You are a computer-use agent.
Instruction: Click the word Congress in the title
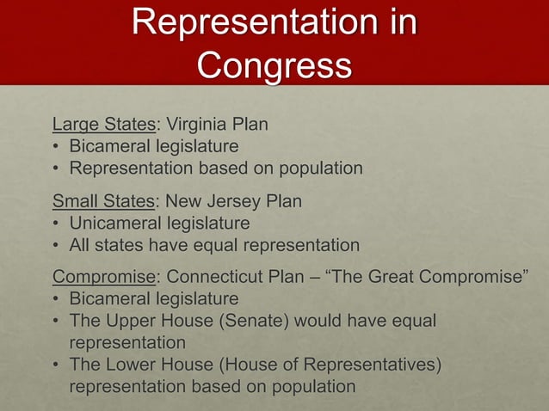(274, 64)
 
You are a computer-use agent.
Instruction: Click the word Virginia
(198, 125)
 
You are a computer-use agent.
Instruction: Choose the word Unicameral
(113, 224)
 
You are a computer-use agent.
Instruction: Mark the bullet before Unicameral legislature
(57, 224)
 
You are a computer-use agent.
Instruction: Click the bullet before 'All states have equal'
(57, 246)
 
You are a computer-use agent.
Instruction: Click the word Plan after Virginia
(250, 125)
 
